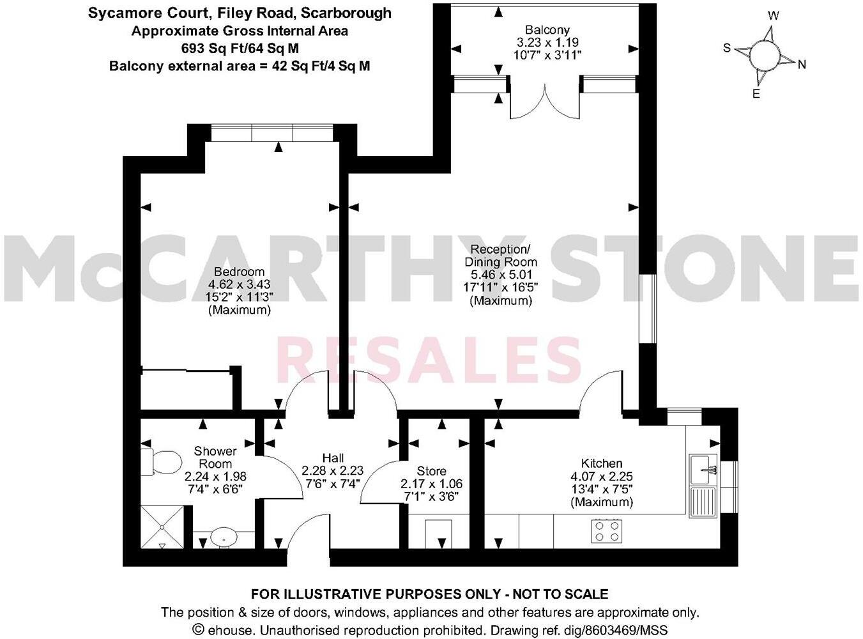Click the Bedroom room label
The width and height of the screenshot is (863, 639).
pyautogui.click(x=239, y=272)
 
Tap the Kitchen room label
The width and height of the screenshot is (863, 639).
pyautogui.click(x=601, y=463)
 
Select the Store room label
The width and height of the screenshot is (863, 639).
pyautogui.click(x=431, y=472)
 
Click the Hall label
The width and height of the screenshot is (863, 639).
pyautogui.click(x=333, y=458)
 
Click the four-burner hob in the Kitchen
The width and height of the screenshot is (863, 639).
pyautogui.click(x=606, y=531)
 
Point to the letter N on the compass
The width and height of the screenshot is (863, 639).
pyautogui.click(x=802, y=64)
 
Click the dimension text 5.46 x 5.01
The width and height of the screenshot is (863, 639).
pyautogui.click(x=501, y=275)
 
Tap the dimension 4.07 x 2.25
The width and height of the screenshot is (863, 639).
pyautogui.click(x=601, y=477)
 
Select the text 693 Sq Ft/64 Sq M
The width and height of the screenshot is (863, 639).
pyautogui.click(x=240, y=48)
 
